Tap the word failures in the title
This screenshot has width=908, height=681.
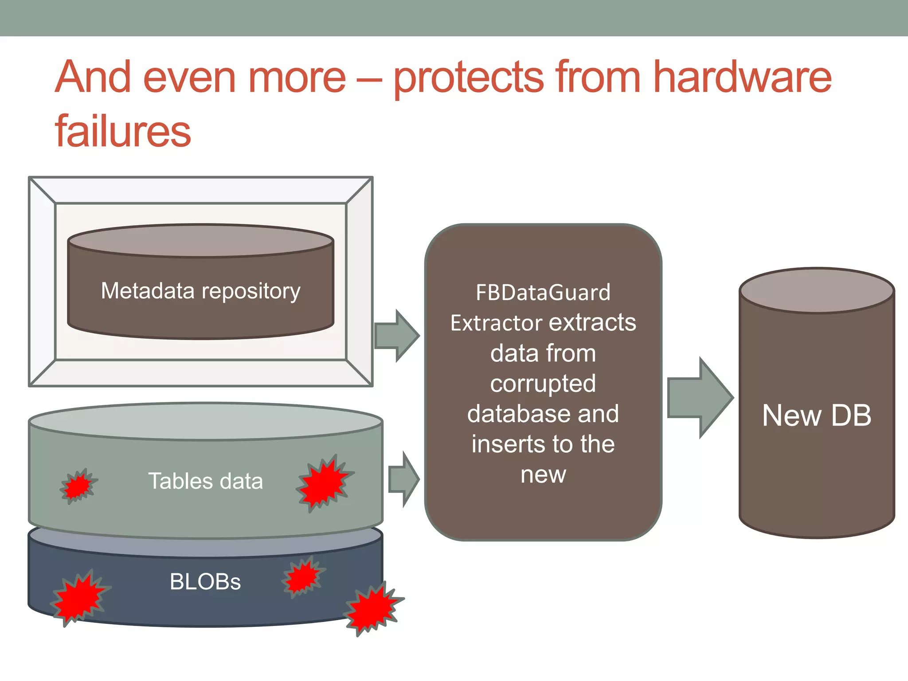[123, 131]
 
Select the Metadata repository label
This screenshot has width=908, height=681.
[200, 291]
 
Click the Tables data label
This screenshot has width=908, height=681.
[205, 481]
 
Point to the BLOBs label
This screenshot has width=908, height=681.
[205, 582]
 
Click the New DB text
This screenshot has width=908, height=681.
[816, 415]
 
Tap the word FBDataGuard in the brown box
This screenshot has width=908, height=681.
[543, 293]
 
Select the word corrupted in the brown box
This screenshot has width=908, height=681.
[543, 384]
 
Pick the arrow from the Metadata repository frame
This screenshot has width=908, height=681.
[396, 336]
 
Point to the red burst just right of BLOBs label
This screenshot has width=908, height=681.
[303, 576]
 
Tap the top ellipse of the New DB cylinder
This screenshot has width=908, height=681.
[816, 290]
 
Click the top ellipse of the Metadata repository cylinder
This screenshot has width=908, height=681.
[200, 241]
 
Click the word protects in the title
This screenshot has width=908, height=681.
[469, 78]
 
